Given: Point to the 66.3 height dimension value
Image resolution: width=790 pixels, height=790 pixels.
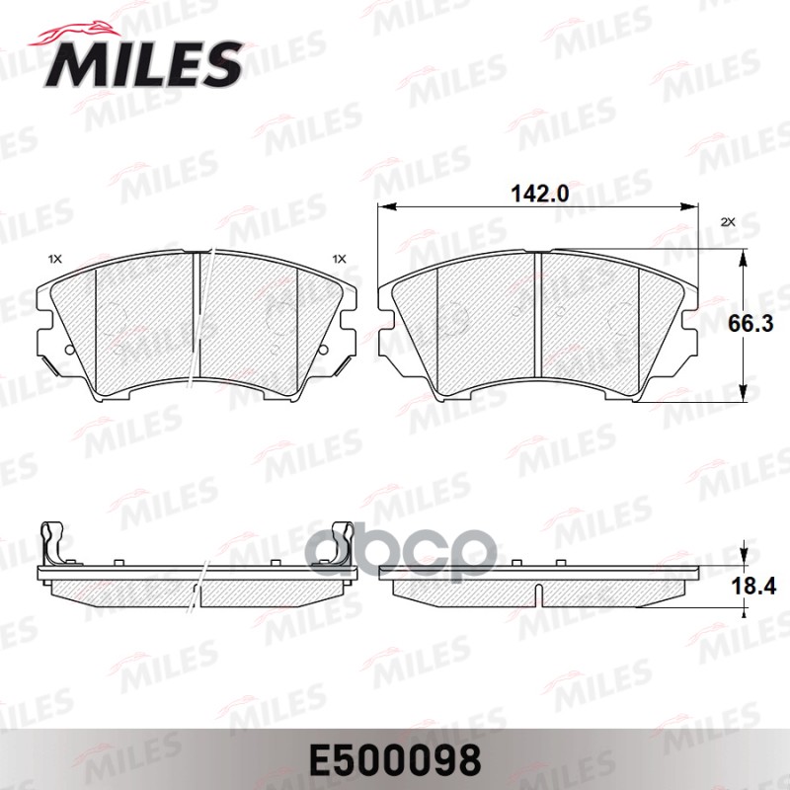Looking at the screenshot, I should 762,322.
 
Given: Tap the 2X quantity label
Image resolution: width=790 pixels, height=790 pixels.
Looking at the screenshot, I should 730,223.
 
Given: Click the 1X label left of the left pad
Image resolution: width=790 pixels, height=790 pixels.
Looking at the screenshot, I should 54,259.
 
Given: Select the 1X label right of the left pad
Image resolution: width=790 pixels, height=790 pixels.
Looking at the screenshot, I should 340,259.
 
